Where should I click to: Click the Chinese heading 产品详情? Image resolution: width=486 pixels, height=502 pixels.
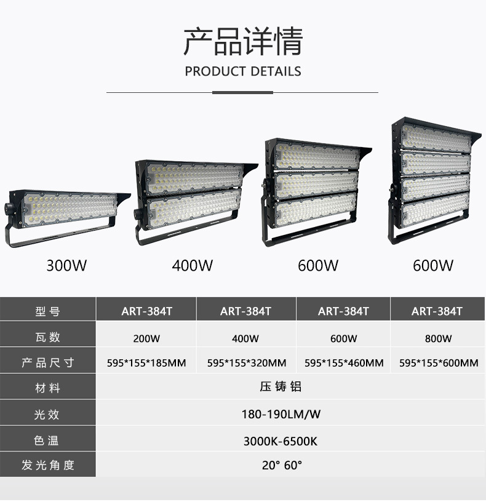pos(243,41)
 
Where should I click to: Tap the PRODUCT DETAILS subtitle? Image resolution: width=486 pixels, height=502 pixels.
pos(243,71)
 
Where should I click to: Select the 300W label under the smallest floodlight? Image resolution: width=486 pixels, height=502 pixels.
pos(67,266)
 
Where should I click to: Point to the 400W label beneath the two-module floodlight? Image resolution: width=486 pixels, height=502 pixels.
pos(193,266)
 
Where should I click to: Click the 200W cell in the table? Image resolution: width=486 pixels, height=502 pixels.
pos(146,338)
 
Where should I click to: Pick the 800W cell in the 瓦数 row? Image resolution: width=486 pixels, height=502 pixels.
pos(438,338)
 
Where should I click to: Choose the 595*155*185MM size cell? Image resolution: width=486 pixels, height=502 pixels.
pos(146,363)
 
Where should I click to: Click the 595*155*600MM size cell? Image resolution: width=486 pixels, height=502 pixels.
pos(438,363)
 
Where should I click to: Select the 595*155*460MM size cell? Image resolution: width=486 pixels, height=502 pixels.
pos(344,363)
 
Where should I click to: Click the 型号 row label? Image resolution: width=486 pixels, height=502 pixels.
pos(47,311)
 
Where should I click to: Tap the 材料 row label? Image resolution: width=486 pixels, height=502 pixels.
pos(47,388)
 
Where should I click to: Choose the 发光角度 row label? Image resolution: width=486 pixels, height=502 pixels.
pos(47,465)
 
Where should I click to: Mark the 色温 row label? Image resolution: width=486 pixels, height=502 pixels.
pos(47,441)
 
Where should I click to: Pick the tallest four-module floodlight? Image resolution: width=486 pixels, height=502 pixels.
pos(431,178)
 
